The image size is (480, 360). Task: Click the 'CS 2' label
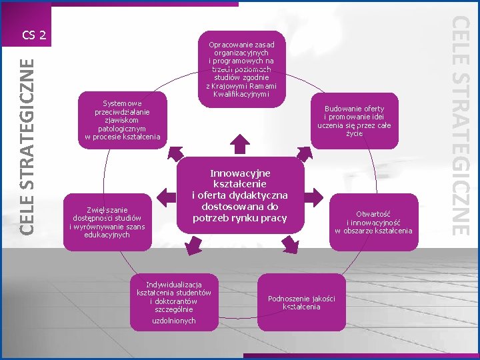coord(33,34)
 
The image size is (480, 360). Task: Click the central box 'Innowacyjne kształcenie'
coord(240,195)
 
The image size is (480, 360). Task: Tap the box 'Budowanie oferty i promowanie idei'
coord(354,121)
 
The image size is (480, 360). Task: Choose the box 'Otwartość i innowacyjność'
coord(373,222)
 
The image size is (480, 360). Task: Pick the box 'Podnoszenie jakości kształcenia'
coord(301,302)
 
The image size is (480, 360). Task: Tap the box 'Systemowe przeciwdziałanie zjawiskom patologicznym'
coord(123,121)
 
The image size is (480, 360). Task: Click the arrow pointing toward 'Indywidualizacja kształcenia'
coord(191,246)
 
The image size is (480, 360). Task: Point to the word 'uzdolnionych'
coord(174,321)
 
